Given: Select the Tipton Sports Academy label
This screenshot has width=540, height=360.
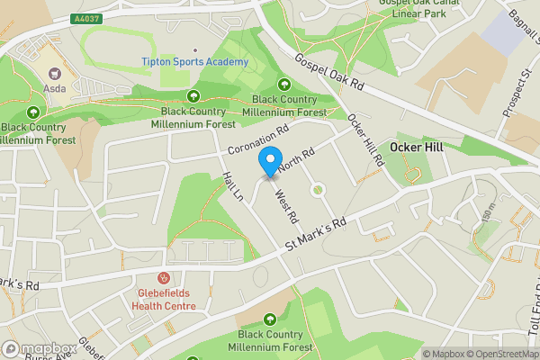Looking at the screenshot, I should point(194,62).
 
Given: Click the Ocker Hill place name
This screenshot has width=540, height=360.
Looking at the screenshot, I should point(416,146).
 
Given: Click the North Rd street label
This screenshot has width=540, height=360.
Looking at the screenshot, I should point(296,160).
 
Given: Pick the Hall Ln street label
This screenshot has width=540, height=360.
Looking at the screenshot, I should point(233,187).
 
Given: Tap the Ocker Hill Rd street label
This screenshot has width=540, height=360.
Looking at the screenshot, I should point(364,141).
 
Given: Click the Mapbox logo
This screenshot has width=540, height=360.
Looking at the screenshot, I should point(39,348).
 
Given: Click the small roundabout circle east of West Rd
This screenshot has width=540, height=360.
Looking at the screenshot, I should point(317,190).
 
